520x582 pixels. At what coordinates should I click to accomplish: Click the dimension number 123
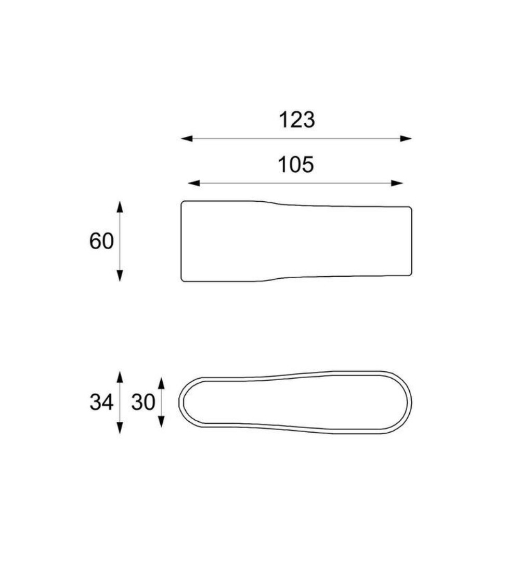pos(296,120)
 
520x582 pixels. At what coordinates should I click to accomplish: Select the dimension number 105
pos(296,165)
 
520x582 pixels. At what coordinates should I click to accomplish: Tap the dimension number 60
pos(101,241)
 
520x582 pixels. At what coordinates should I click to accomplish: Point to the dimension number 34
pos(101,402)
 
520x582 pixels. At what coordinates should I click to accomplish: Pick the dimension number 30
pos(143,402)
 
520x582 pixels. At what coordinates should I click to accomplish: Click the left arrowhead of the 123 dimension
pos(187,138)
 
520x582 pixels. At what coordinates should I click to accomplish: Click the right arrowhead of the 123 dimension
pos(406,138)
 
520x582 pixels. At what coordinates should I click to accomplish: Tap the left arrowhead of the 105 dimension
pos(194,183)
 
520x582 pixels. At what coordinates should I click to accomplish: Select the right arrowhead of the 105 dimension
pos(397,183)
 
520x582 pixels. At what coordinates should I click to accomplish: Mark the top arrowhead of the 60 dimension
pos(120,207)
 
